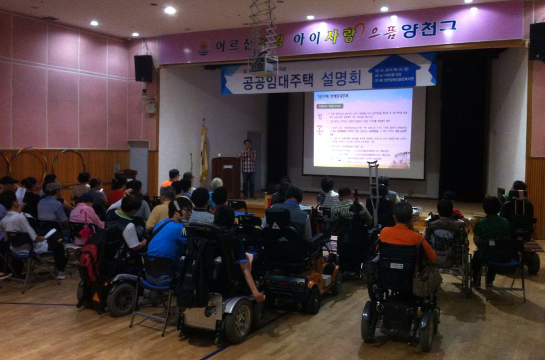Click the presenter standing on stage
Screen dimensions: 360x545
pyautogui.click(x=248, y=166)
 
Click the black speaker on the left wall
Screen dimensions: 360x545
pyautogui.click(x=143, y=68)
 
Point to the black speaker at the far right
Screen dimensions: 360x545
pyautogui.click(x=537, y=41)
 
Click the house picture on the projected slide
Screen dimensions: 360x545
pyautogui.click(x=399, y=158)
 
